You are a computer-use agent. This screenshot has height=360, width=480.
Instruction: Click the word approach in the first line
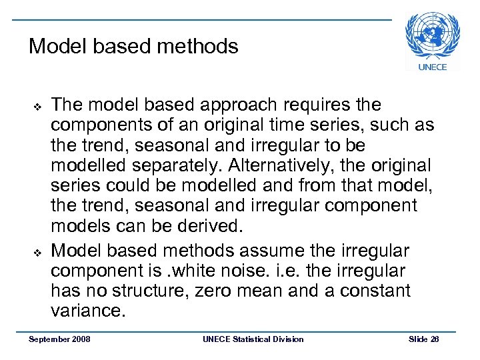233,105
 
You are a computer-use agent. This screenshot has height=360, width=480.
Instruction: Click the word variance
88,311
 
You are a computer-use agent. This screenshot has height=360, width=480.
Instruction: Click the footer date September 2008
59,339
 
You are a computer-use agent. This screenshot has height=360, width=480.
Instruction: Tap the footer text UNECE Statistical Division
253,339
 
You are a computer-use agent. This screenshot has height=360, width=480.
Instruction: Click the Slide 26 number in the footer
424,339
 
